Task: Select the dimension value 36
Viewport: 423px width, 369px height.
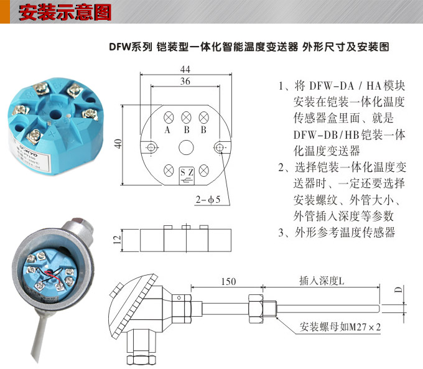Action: click(x=185, y=82)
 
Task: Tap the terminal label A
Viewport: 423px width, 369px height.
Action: click(x=167, y=130)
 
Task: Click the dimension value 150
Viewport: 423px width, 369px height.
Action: click(x=228, y=282)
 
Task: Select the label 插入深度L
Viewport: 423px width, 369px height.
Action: click(x=322, y=281)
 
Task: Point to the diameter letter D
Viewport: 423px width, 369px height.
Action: click(x=398, y=289)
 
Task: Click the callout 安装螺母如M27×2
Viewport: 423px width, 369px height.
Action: click(x=340, y=327)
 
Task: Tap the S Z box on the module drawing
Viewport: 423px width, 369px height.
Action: click(x=186, y=172)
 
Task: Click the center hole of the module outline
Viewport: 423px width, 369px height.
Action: click(x=185, y=147)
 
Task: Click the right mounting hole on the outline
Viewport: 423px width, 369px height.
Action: click(x=220, y=147)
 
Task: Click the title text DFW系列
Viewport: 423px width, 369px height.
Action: click(x=130, y=47)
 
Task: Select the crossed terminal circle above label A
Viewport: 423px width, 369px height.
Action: click(x=168, y=118)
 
